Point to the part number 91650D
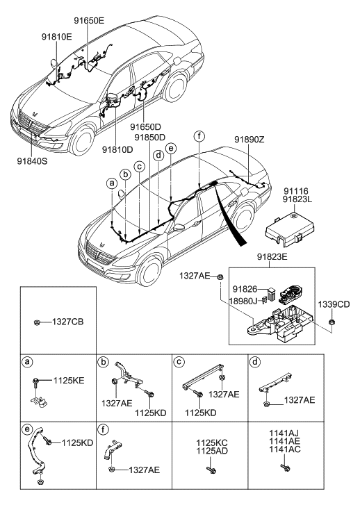click(x=147, y=127)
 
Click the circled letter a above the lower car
click(x=111, y=183)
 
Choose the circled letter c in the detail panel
click(x=178, y=361)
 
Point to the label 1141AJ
click(x=286, y=431)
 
